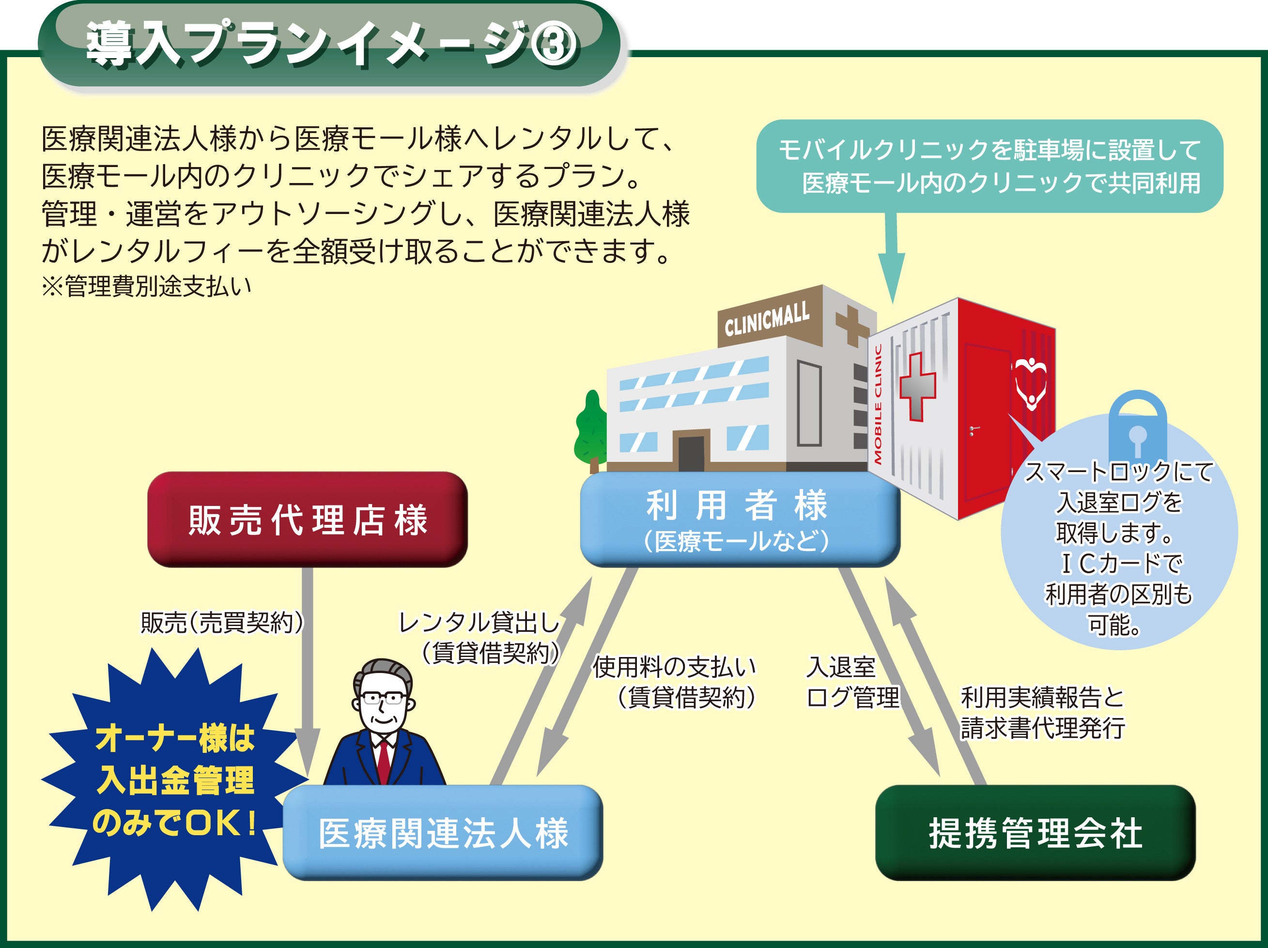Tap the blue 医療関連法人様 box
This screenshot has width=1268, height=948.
[x=443, y=832]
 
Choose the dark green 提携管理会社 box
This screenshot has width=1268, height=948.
[x=1035, y=832]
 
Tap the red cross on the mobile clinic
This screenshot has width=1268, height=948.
[x=917, y=386]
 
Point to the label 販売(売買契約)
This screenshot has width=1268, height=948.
[x=222, y=623]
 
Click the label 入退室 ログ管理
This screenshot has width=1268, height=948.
[x=852, y=682]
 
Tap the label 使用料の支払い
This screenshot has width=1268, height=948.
[x=674, y=667]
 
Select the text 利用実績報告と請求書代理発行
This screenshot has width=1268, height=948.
[x=1042, y=712]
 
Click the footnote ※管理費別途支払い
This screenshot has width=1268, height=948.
[x=147, y=286]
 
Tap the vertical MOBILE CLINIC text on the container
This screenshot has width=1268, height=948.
[x=878, y=404]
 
